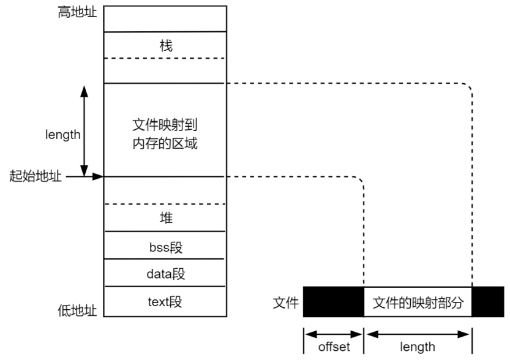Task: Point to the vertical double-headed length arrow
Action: [84, 130]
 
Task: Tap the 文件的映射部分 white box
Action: [418, 302]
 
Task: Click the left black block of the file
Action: [333, 302]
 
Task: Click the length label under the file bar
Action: [418, 347]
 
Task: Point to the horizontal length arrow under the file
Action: [418, 334]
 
